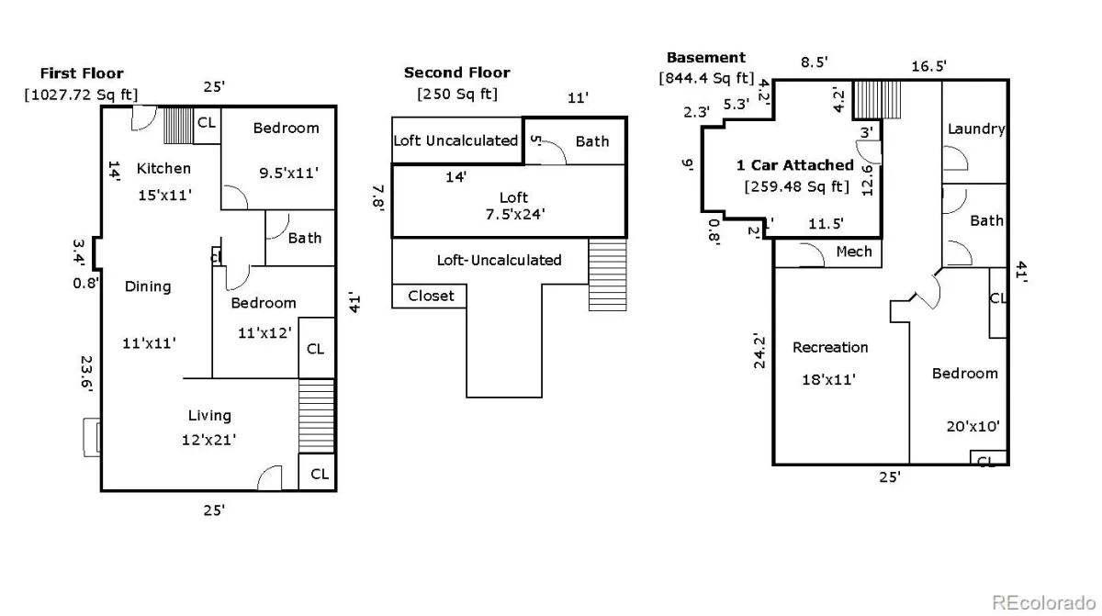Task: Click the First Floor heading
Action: tap(82, 73)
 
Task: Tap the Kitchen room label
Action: tap(163, 169)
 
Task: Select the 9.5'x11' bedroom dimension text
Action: tap(288, 174)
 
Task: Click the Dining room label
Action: tap(148, 286)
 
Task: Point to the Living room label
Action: tap(209, 416)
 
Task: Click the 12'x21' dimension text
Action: tap(209, 440)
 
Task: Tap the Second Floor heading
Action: tap(457, 73)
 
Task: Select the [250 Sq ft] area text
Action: tap(457, 94)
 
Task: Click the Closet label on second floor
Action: tap(431, 296)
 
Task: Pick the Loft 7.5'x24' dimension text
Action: tap(515, 214)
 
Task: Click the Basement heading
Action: tap(706, 58)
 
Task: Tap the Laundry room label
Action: tap(976, 129)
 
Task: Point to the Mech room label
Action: tap(854, 252)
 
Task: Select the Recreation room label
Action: tap(830, 348)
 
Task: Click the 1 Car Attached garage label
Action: tap(795, 165)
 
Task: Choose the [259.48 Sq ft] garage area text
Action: tap(797, 186)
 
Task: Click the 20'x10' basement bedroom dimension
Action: tap(973, 426)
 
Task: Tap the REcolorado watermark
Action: tap(1043, 602)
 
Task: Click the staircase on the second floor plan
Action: tap(608, 274)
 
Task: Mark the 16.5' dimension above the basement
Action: tap(928, 66)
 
